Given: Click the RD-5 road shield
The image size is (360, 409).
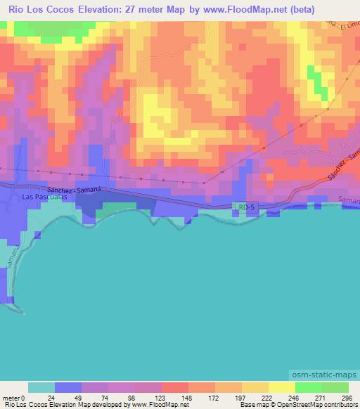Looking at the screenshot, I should (x=244, y=207).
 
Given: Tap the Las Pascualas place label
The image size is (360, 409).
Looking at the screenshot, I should (x=46, y=197).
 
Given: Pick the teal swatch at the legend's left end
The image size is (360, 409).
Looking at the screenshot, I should (x=41, y=387).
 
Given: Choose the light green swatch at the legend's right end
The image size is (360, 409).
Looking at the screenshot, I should (x=335, y=387).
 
